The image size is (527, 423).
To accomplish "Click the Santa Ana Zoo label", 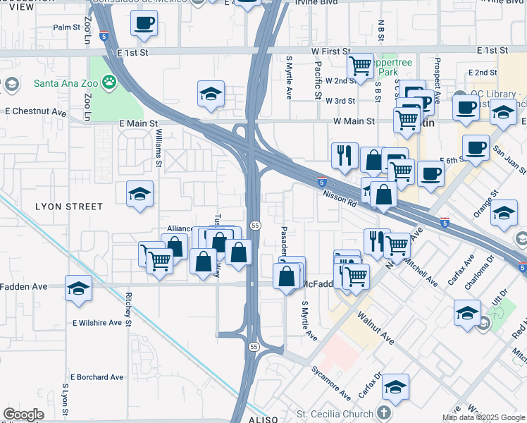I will [66, 83].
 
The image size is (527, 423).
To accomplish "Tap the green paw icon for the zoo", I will [109, 83].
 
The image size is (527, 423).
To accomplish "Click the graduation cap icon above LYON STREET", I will [139, 194].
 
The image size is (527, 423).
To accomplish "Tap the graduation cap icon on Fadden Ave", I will [78, 288].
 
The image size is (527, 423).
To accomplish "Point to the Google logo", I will [23, 415].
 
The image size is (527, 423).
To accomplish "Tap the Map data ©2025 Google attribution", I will [484, 417].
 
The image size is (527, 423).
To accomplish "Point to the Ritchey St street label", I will [129, 307].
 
